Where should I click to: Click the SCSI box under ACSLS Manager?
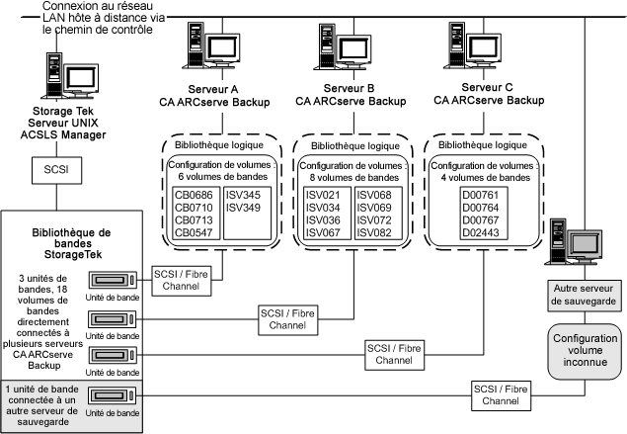(x=50, y=169)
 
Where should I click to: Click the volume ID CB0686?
(x=194, y=196)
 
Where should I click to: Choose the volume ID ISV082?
(x=375, y=233)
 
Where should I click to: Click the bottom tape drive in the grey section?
(x=117, y=396)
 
